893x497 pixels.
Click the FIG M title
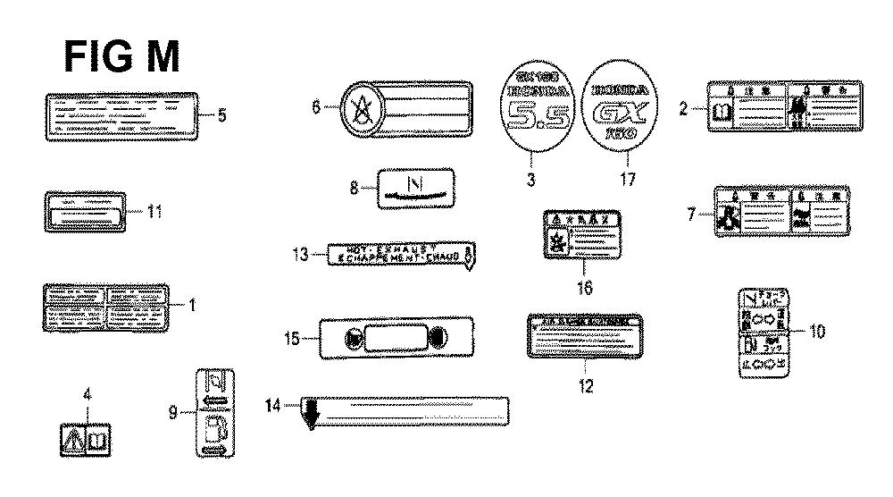(122, 56)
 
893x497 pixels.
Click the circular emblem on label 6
(361, 110)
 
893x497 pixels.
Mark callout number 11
(154, 212)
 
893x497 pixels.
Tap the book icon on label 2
(722, 112)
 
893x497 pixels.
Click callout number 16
(586, 288)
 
